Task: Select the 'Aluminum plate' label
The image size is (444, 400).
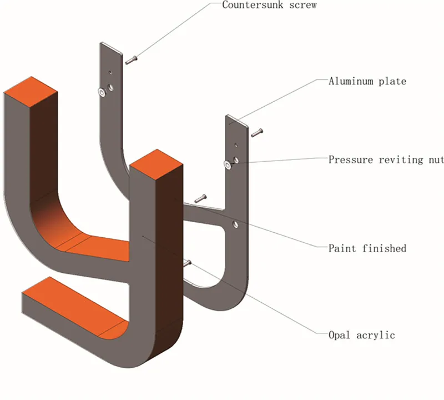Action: pyautogui.click(x=367, y=81)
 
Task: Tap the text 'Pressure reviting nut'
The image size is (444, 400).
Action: pyautogui.click(x=386, y=160)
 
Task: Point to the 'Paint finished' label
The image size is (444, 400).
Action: pyautogui.click(x=367, y=248)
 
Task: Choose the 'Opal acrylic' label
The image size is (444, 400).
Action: pyautogui.click(x=362, y=335)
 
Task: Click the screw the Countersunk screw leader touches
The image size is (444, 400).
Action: pyautogui.click(x=131, y=59)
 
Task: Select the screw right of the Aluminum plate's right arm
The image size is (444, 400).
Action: pyautogui.click(x=256, y=133)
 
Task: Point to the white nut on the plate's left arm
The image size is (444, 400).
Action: pyautogui.click(x=102, y=91)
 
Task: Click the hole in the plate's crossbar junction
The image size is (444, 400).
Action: pyautogui.click(x=235, y=224)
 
